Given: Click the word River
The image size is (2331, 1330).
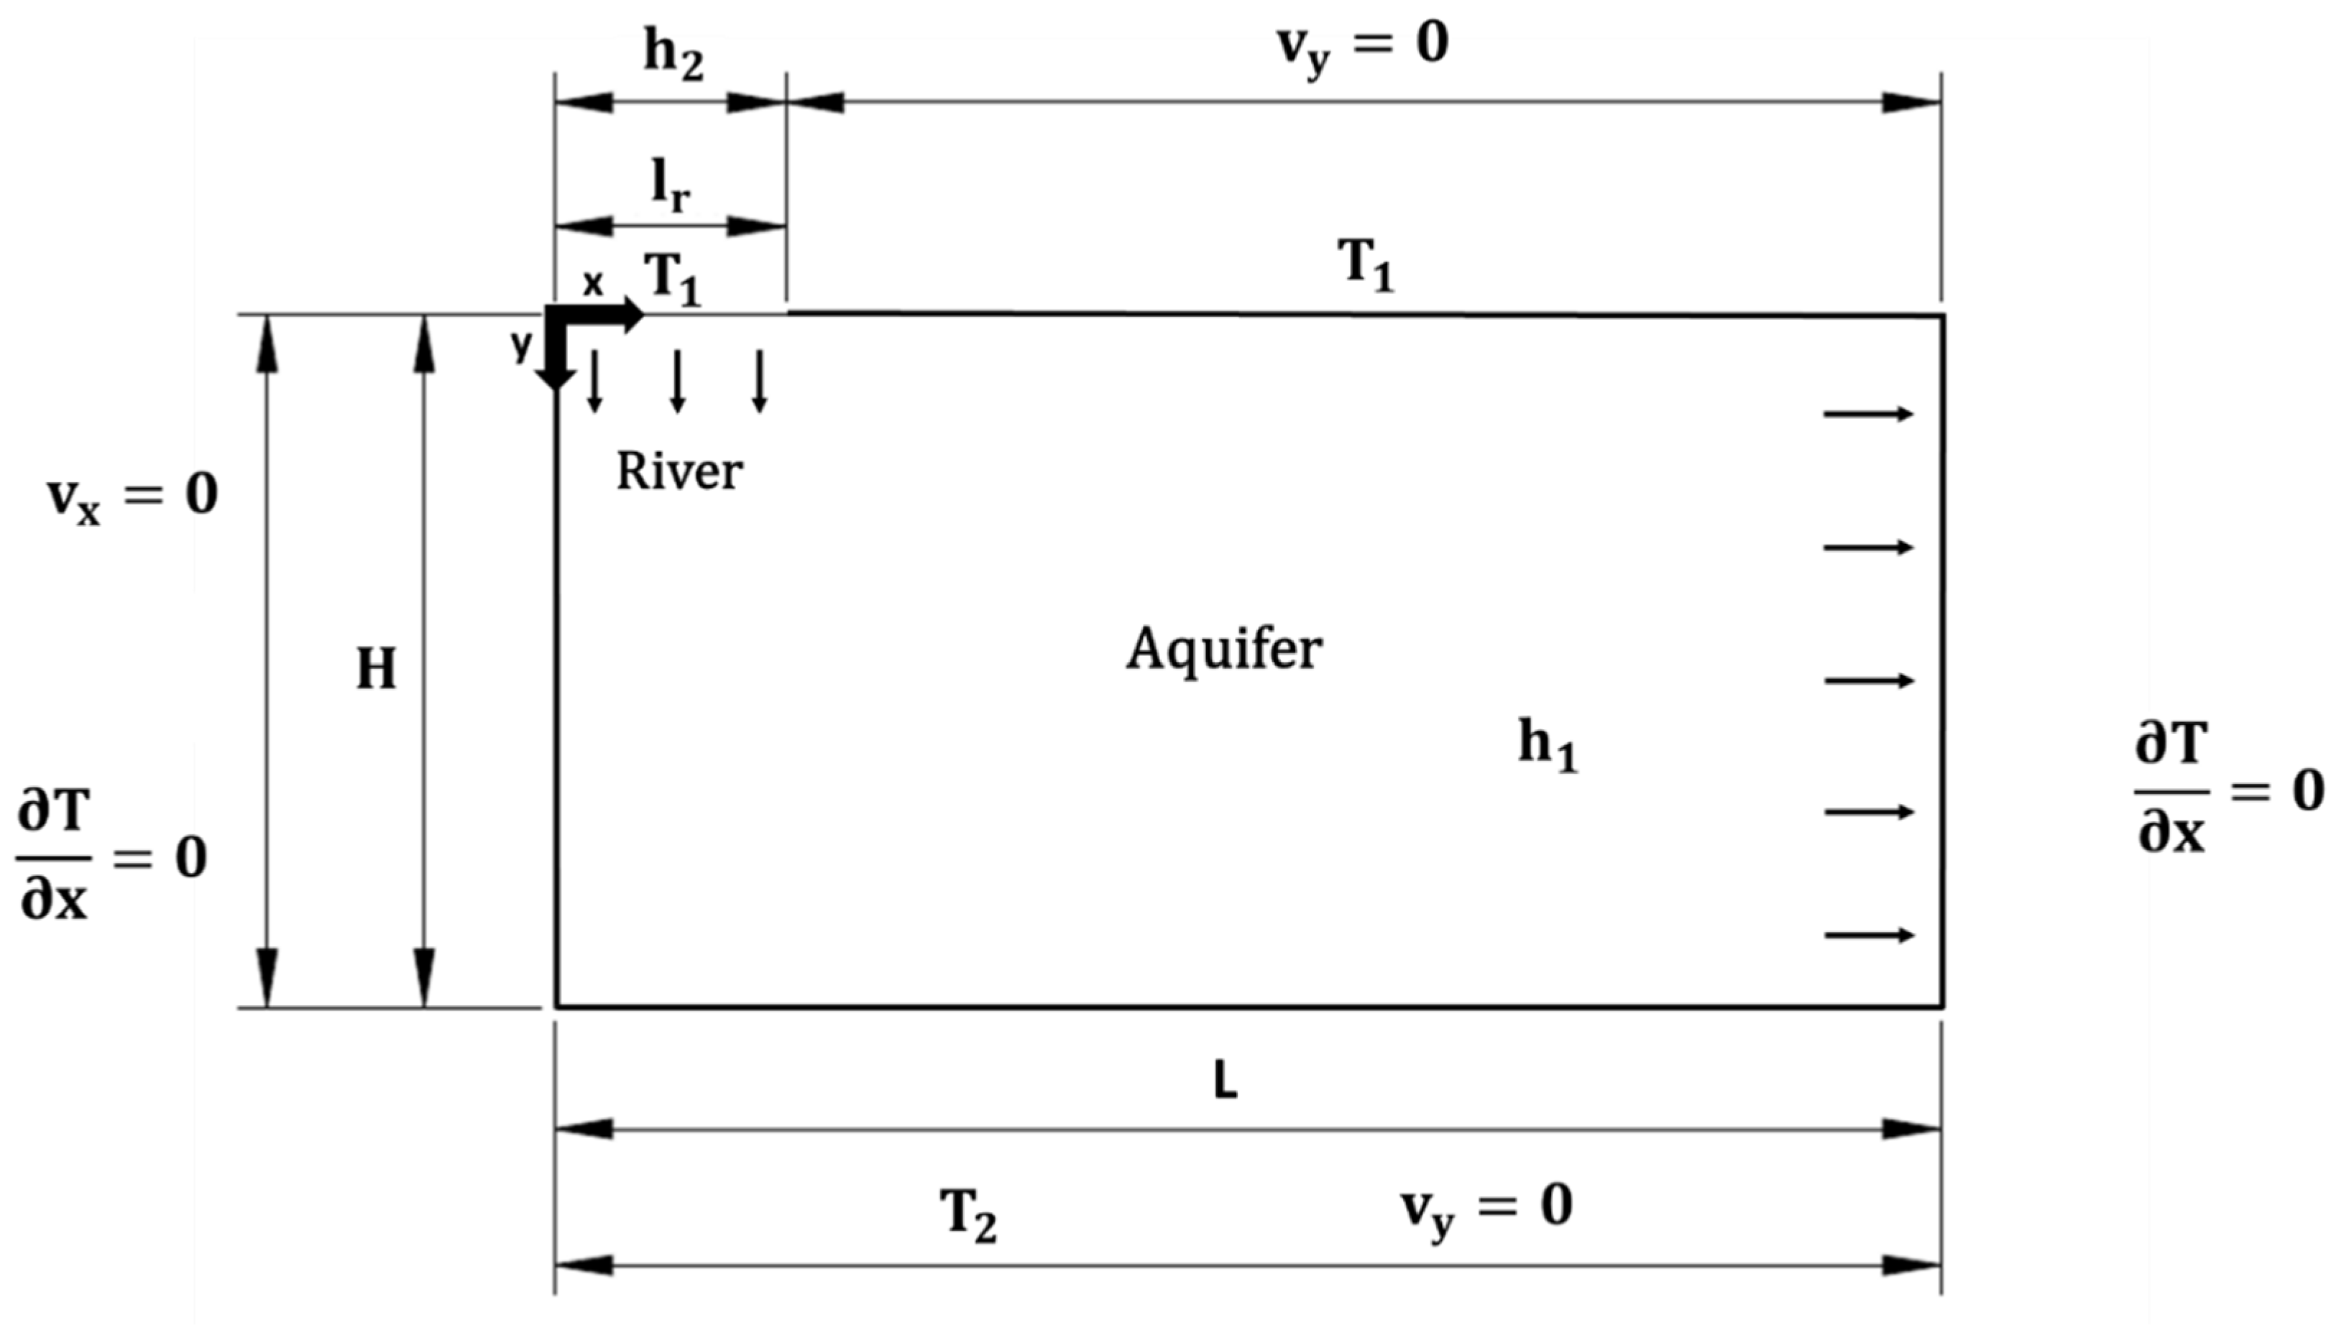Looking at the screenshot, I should (679, 472).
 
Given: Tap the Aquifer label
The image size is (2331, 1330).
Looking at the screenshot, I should (1223, 650).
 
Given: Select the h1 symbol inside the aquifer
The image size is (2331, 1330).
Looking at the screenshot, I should (1547, 744).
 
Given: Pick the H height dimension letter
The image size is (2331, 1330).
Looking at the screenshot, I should (375, 670).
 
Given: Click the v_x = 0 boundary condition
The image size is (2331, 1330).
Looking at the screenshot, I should (132, 498).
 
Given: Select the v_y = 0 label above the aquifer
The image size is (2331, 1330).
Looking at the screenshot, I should (1361, 46).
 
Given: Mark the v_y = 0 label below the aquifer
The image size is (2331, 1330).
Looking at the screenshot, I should (1486, 1208).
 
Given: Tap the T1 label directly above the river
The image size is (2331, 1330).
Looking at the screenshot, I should (673, 279).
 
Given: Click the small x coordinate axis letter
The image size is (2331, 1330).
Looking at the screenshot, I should (593, 283).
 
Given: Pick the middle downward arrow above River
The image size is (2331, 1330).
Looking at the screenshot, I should (677, 380).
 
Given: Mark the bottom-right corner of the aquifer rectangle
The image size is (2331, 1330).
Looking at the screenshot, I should (1941, 1007).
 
